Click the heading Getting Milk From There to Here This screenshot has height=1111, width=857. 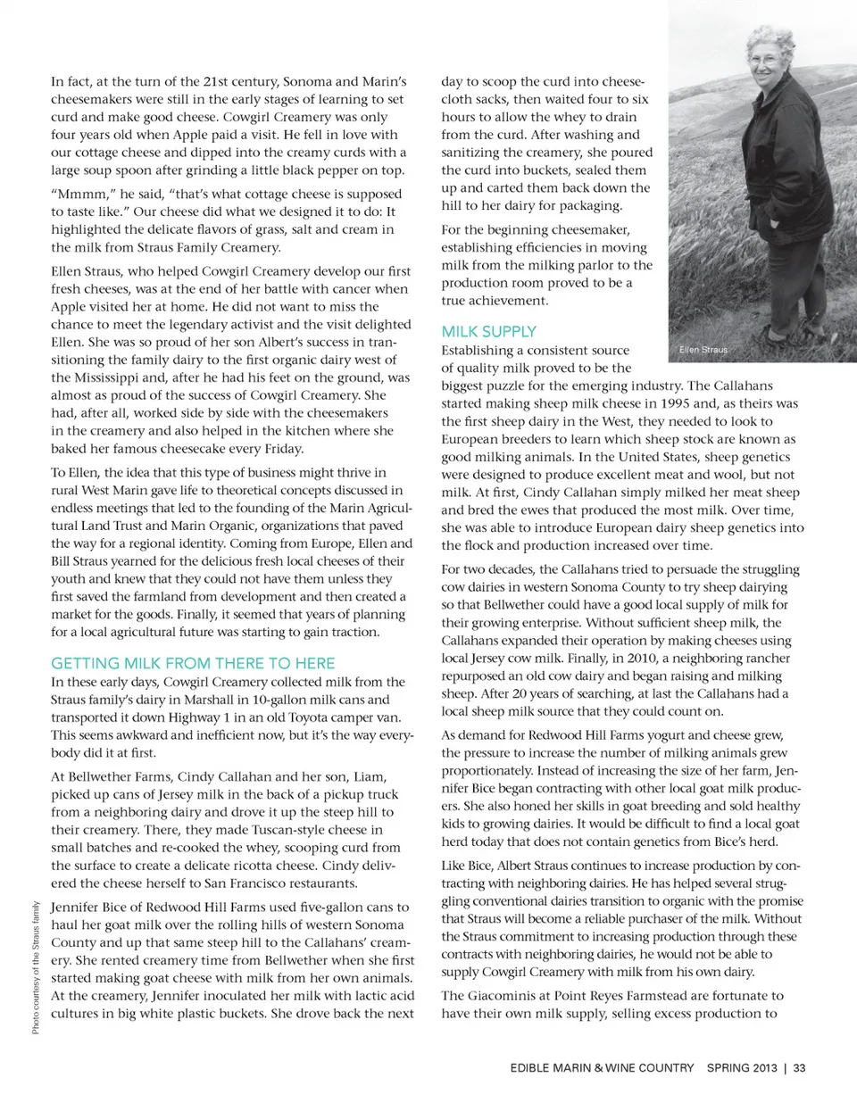coord(193,663)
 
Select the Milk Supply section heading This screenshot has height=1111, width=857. coord(489,331)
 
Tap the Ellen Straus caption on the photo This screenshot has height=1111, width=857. coord(703,350)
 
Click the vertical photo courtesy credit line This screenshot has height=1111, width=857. coord(36,967)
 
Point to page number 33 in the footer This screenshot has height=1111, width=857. coord(799,1067)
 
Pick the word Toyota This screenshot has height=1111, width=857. coord(295,717)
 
